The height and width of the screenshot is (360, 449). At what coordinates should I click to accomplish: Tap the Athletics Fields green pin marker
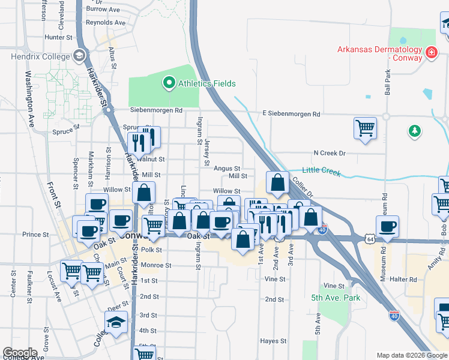(169, 83)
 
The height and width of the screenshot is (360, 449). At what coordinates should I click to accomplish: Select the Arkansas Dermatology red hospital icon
(430, 54)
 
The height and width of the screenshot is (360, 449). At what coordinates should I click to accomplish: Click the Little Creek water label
(321, 172)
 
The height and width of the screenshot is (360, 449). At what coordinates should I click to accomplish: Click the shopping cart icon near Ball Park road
(365, 128)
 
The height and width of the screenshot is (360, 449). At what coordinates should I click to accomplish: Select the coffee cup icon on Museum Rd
(388, 227)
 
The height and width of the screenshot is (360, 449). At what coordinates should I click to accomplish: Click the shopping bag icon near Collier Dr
(277, 184)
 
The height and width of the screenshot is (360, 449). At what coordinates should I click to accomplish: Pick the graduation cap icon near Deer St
(116, 323)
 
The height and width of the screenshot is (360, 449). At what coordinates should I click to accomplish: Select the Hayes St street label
(273, 341)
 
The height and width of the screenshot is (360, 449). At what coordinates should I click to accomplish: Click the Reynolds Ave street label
(106, 23)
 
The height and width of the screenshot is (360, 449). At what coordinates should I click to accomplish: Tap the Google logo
(20, 353)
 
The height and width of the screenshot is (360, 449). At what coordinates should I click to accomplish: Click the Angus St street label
(228, 169)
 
